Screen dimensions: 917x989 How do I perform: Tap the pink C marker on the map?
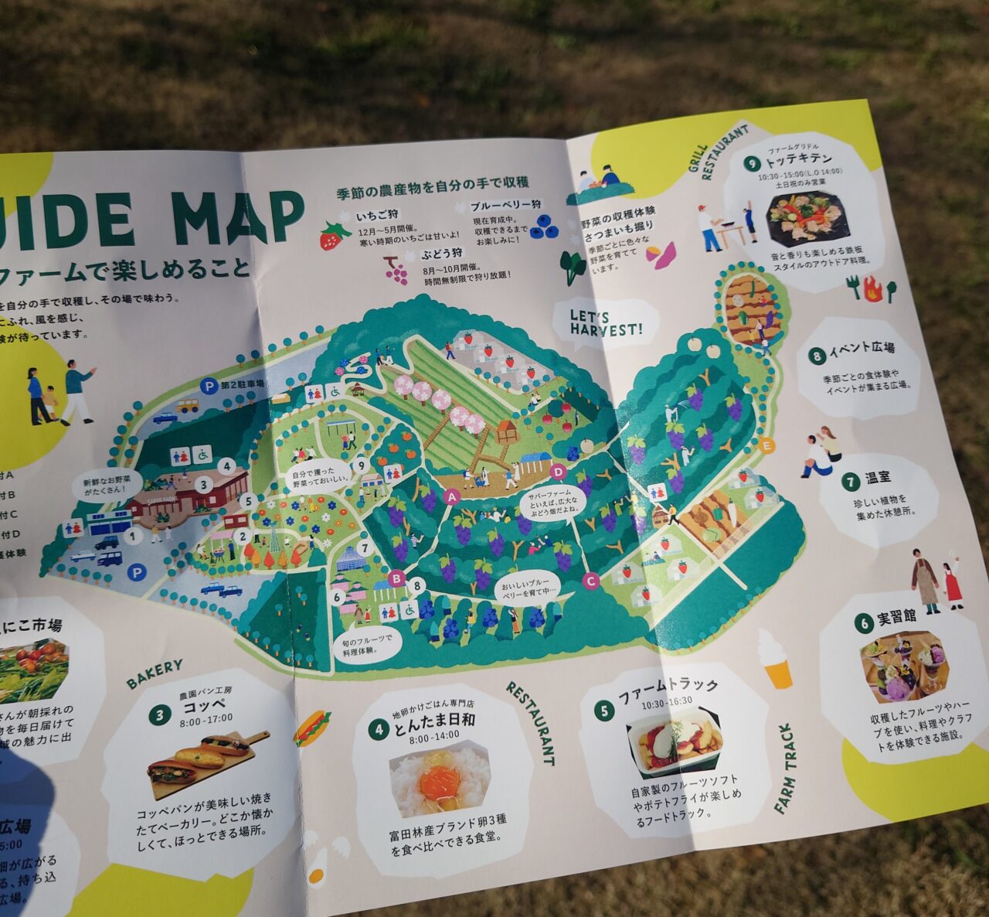[x=592, y=581]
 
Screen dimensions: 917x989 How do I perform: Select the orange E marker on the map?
[x=766, y=445]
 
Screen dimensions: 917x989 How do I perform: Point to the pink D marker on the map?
[x=559, y=472]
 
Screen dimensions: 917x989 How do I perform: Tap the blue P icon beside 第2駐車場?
[x=207, y=385]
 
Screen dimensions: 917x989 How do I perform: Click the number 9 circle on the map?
[x=361, y=465]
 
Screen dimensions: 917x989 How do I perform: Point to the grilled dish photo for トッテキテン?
[x=808, y=217]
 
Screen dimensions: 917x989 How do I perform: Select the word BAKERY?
[x=155, y=673]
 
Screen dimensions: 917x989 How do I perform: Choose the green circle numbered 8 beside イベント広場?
[x=817, y=356]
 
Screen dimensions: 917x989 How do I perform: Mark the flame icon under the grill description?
[x=872, y=289]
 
